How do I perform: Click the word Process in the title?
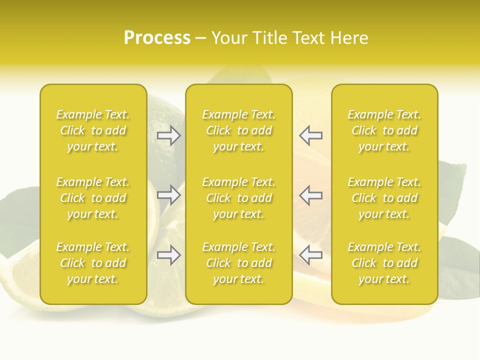tap(157, 38)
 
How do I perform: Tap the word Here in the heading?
tap(348, 38)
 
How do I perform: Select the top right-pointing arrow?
tap(169, 135)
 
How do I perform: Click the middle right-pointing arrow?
tap(169, 195)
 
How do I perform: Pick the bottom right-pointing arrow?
tap(169, 255)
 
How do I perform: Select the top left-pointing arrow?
tap(311, 135)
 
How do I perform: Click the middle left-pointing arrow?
tap(311, 195)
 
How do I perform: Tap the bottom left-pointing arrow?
tap(311, 255)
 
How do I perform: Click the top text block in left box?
tap(93, 130)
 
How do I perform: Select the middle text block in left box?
tap(93, 198)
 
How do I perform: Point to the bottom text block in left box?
tap(93, 263)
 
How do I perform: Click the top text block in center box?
tap(238, 130)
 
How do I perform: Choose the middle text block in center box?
tap(238, 198)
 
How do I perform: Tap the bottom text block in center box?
tap(238, 263)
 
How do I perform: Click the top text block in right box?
tap(384, 130)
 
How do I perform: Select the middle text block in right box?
tap(384, 198)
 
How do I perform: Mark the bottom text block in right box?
tap(384, 263)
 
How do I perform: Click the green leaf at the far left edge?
tap(20, 215)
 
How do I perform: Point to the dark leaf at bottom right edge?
tap(457, 265)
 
